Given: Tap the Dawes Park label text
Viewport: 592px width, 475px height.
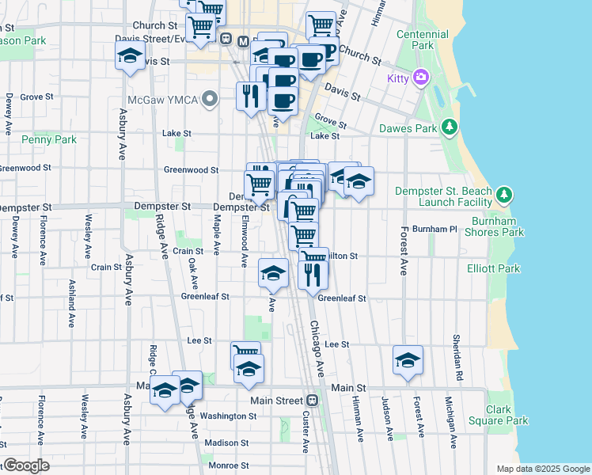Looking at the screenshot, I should coord(408,127).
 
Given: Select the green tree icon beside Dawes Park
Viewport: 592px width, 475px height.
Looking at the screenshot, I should coord(450,127).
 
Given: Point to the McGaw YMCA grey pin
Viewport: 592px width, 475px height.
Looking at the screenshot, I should coord(210,101).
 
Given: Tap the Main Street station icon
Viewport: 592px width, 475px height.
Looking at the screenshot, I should coord(313,401).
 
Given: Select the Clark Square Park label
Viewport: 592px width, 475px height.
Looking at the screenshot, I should coord(507,415).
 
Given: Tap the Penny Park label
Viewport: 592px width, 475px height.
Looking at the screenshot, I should coord(49,139).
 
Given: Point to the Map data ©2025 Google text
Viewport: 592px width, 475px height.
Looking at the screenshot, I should coord(542,469).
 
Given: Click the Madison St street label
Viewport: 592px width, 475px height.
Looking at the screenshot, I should coord(227,443).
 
